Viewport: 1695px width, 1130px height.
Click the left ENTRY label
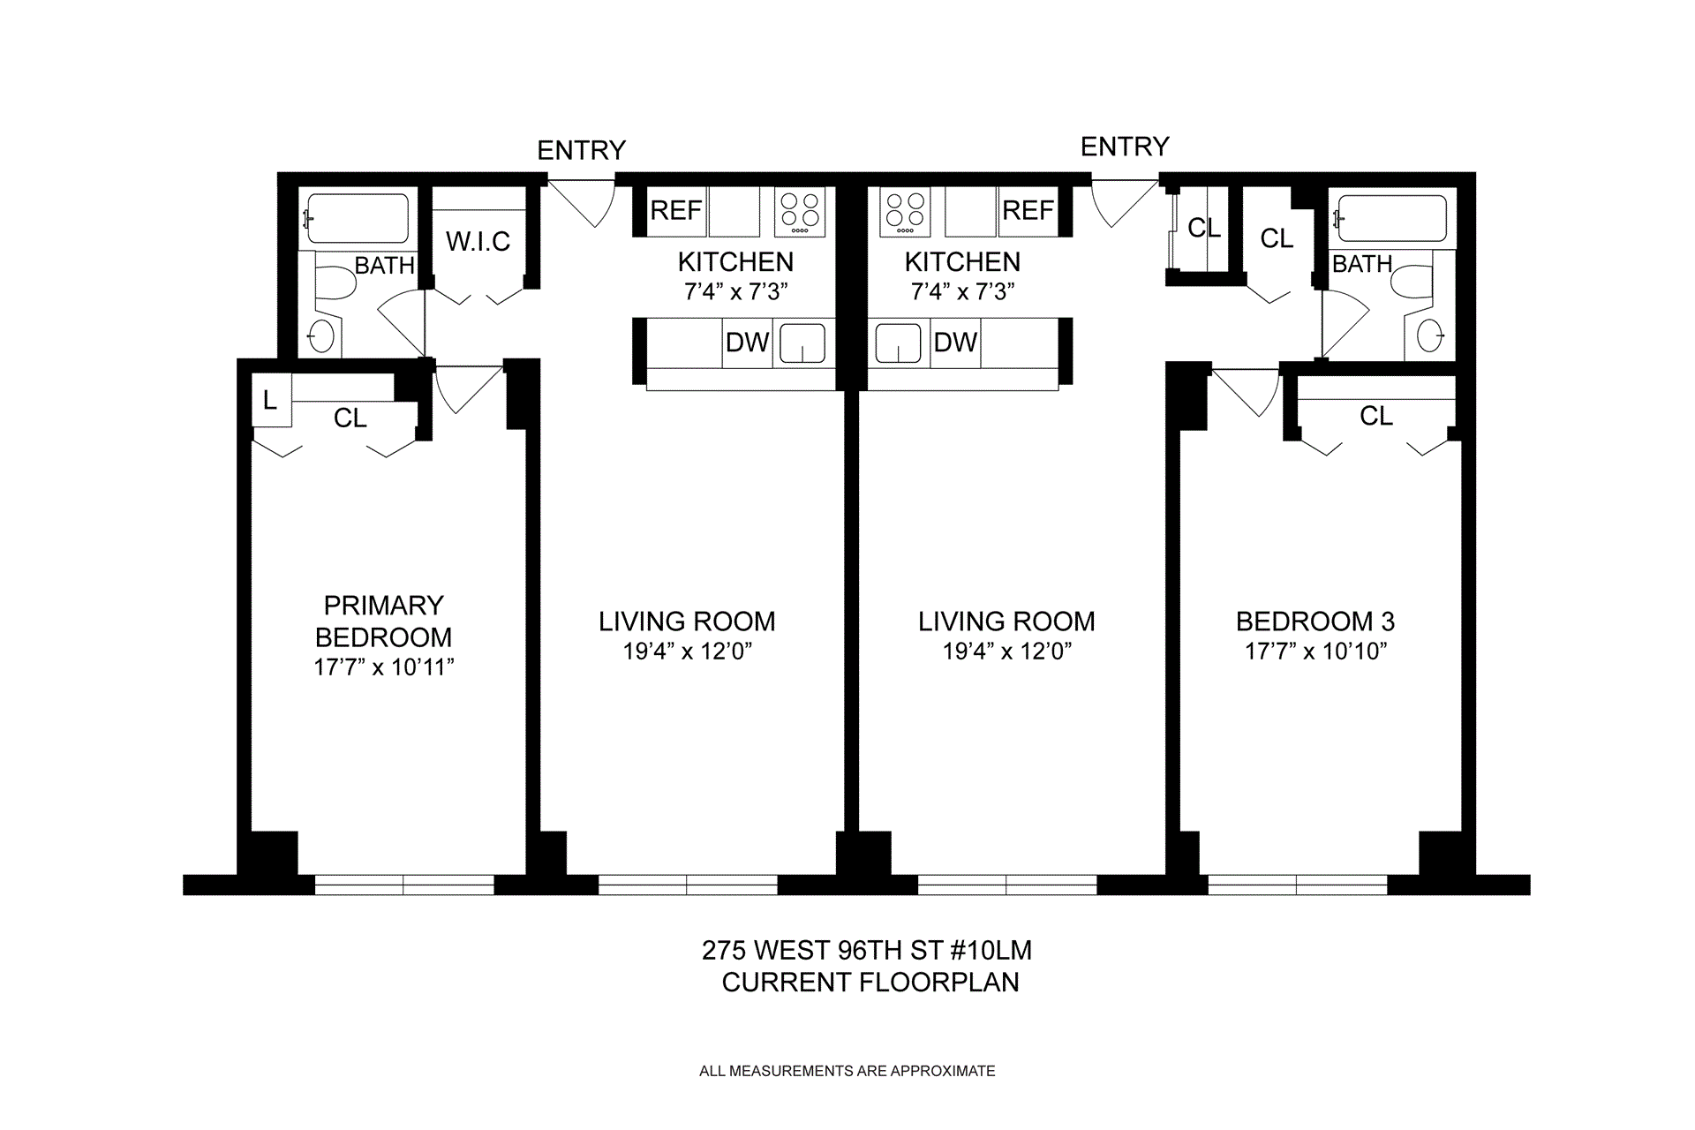pos(581,150)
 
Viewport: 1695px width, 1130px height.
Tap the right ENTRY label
pos(1125,147)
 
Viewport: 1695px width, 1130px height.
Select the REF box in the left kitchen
pos(675,211)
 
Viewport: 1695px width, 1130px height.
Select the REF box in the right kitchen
pos(1028,211)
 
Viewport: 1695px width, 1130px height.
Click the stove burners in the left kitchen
pos(800,212)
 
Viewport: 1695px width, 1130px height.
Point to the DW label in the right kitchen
pos(955,343)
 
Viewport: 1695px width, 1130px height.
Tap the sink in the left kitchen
pos(802,343)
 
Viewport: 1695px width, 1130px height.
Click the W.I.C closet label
pos(478,242)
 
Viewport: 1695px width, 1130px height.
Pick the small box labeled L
pos(270,401)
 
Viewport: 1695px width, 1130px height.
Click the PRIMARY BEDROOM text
pos(383,621)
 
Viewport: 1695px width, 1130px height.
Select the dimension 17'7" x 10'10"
pos(1315,652)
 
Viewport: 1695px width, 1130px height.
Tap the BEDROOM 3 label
pos(1315,621)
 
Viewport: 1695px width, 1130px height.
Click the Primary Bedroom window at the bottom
pos(403,885)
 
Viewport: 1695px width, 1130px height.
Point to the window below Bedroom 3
pos(1296,885)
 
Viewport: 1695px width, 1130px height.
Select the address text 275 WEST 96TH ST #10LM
pos(866,951)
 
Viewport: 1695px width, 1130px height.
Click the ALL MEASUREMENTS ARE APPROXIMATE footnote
pos(847,1071)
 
